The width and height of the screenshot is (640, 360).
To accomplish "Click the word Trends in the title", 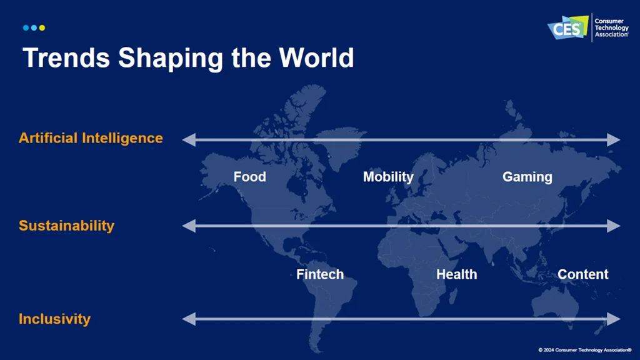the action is point(66,57).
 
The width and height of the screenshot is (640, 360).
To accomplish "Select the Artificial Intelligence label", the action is point(91,138).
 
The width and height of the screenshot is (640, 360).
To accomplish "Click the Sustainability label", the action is point(66,226).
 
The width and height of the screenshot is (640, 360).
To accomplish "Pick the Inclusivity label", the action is point(55,319).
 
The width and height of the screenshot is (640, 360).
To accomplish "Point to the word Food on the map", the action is point(250,177).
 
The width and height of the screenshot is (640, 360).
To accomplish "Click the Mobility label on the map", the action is point(388,177).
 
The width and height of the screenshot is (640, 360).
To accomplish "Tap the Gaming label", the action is point(527,177).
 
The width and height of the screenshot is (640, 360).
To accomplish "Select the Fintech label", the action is point(320,274).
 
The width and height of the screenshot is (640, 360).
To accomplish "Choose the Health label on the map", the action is point(457,274).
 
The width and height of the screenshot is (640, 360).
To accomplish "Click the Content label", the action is point(583,274).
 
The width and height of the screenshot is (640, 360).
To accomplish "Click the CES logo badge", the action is point(567,27).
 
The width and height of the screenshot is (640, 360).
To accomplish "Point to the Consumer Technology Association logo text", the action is point(611,27).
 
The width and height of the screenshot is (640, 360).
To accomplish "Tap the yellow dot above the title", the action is point(42,27).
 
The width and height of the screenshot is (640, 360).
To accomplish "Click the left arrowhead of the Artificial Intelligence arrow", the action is point(189,139).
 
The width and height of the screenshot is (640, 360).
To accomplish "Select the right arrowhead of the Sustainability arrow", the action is point(614,226).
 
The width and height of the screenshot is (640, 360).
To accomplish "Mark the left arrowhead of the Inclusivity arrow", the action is point(189,319).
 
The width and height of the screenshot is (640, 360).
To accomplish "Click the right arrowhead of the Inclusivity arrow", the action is point(614,319).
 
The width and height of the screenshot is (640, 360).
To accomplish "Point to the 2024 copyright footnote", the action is point(584,350).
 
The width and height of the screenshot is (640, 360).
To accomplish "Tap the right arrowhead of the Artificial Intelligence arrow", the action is point(614,139).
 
